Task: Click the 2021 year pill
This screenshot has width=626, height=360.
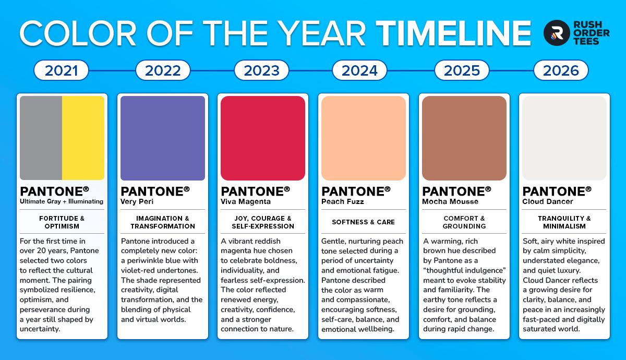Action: coord(61,70)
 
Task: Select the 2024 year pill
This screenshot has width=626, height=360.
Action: coord(359,70)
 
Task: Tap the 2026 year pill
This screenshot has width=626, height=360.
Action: coord(561,70)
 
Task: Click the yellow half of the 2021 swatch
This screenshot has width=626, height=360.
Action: coord(83,138)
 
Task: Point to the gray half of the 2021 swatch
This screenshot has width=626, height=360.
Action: coord(41,138)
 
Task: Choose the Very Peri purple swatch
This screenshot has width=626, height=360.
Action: coord(163,138)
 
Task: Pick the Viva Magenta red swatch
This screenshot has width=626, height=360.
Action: coord(263,138)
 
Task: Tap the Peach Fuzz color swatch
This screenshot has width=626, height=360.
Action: coord(364,138)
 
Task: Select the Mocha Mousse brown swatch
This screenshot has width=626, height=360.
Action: coord(464,138)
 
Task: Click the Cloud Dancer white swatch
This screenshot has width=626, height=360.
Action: coord(564,138)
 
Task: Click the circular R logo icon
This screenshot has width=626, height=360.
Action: coord(557,33)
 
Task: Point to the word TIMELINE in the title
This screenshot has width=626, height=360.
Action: coord(453,33)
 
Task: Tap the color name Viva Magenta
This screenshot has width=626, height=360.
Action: coord(246,201)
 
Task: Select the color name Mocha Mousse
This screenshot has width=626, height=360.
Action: coord(450,201)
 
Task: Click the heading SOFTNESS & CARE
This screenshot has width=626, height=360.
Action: coord(363,222)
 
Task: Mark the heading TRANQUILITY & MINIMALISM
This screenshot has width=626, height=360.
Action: coord(564,222)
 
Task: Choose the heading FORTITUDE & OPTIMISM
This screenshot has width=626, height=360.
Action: coord(62,222)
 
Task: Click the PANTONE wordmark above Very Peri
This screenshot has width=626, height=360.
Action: coord(155,191)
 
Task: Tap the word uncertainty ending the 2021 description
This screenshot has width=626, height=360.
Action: coord(40,329)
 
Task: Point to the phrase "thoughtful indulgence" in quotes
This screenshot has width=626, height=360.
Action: coord(464,270)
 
